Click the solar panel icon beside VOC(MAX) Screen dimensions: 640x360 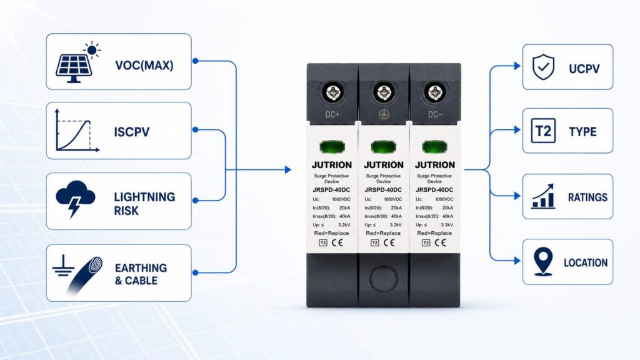click(x=78, y=62)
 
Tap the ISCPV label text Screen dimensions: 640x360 click(x=132, y=132)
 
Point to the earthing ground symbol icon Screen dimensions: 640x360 click(x=63, y=265)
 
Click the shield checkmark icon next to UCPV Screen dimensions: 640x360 click(x=543, y=67)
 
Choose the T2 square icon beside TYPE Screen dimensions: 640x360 click(x=543, y=131)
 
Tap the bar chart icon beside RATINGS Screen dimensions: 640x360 click(x=543, y=196)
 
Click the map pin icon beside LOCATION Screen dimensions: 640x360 click(x=543, y=262)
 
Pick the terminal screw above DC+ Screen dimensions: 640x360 click(x=332, y=92)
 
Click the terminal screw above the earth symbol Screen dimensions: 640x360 click(x=384, y=92)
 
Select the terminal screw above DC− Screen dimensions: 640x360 click(x=435, y=92)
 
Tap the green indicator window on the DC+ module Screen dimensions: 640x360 click(x=332, y=146)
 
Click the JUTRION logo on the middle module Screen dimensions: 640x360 click(x=384, y=165)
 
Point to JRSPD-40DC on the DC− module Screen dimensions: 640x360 click(x=434, y=190)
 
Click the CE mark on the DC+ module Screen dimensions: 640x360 click(x=337, y=242)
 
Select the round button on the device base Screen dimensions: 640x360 click(x=383, y=278)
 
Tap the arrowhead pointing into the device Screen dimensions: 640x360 click(x=288, y=169)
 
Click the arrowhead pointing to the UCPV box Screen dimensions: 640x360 click(x=517, y=66)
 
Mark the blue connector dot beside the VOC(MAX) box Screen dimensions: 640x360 click(x=196, y=61)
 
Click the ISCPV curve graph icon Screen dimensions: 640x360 click(x=77, y=131)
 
